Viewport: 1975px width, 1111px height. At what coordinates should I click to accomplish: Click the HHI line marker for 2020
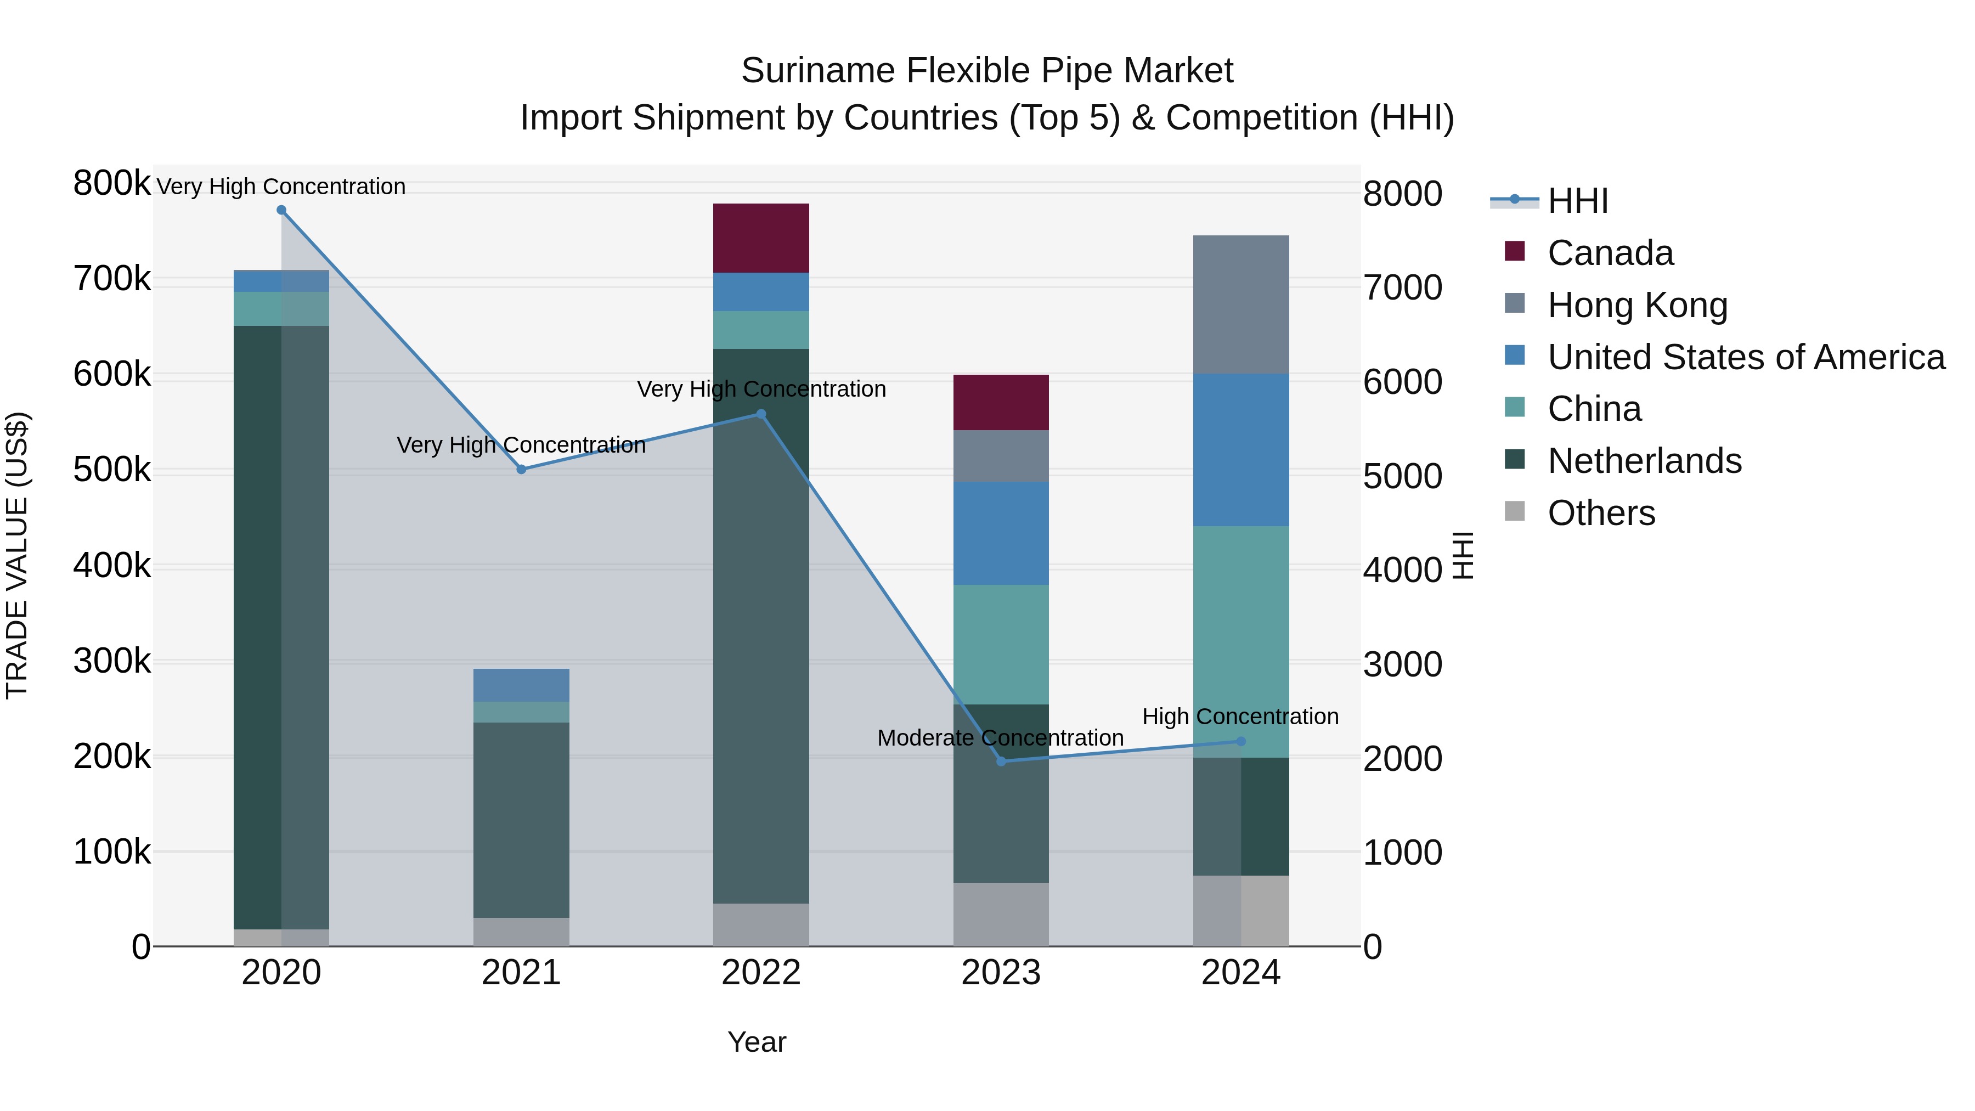(281, 210)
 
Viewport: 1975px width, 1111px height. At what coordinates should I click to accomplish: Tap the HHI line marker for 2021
(521, 469)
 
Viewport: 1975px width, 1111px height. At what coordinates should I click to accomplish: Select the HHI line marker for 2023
(1001, 762)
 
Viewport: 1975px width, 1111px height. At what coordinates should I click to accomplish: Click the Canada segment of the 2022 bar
(760, 238)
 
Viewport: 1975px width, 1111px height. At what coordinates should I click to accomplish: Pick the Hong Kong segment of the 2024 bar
(1240, 304)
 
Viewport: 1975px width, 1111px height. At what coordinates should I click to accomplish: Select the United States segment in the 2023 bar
(1001, 533)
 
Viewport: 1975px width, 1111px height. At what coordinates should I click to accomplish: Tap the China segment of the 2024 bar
(1240, 641)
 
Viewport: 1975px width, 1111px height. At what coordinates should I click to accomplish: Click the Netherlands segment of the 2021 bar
(521, 820)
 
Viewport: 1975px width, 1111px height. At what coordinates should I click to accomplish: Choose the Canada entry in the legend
(1610, 253)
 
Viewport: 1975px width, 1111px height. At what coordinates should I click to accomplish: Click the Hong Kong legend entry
(1637, 305)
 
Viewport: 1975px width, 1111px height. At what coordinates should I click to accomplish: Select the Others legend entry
(1601, 513)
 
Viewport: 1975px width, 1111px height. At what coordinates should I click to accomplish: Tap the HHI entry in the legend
(1577, 201)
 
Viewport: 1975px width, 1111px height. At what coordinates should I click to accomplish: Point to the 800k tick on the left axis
(112, 183)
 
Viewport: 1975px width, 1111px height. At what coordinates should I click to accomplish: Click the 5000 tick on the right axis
(1402, 476)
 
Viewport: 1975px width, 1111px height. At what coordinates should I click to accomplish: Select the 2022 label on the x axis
(760, 973)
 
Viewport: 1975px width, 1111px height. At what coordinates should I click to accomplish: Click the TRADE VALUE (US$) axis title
(17, 555)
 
